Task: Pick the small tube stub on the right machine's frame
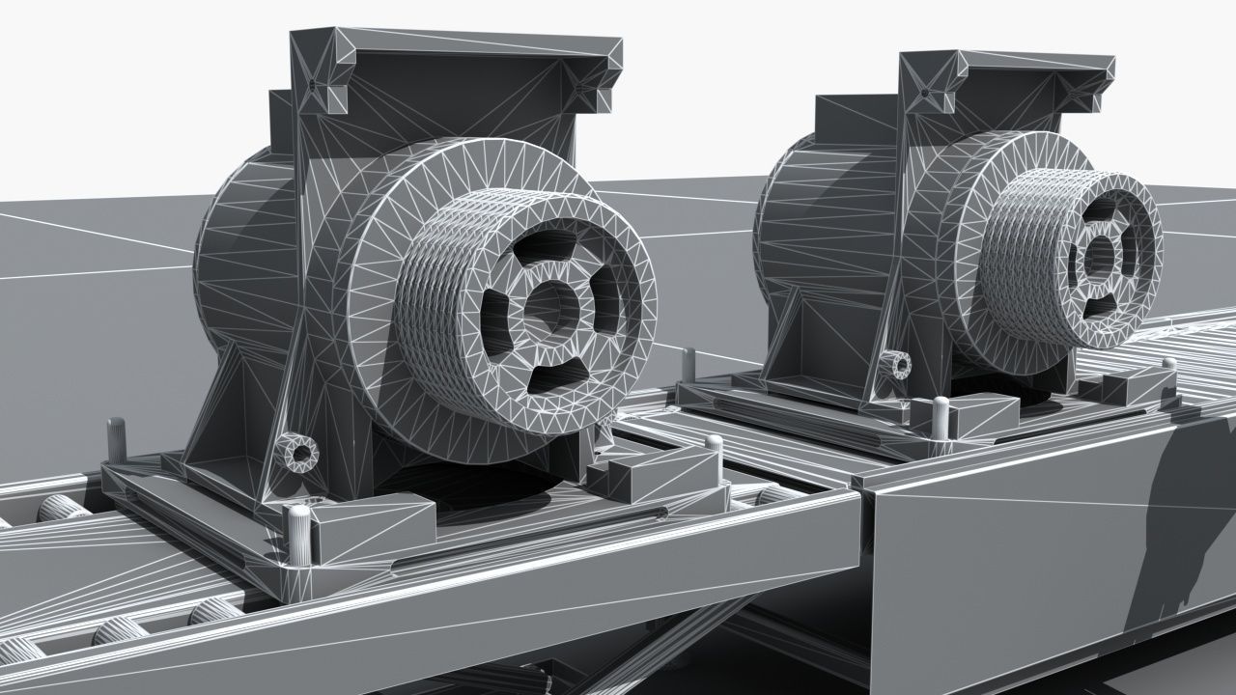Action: tap(898, 365)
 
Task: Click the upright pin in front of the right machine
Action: tap(940, 415)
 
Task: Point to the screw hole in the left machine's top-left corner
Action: tap(314, 87)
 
